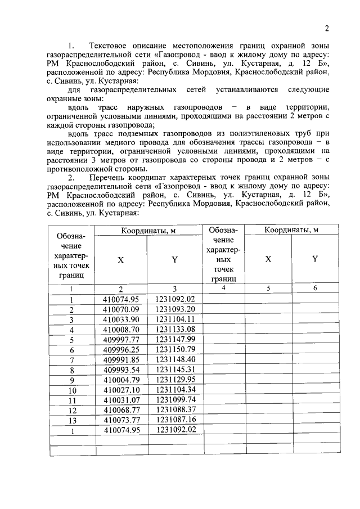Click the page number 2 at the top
click(326, 29)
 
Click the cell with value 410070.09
click(120, 309)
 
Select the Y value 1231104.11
click(175, 319)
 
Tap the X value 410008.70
click(120, 329)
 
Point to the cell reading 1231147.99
click(175, 339)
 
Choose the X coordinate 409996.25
click(120, 349)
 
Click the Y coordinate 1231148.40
click(175, 359)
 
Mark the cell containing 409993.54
click(120, 369)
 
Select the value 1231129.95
click(175, 379)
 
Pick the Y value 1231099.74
click(175, 399)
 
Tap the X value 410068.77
click(120, 409)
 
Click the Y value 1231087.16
click(175, 420)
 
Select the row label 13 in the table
click(71, 420)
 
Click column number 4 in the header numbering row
click(223, 288)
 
